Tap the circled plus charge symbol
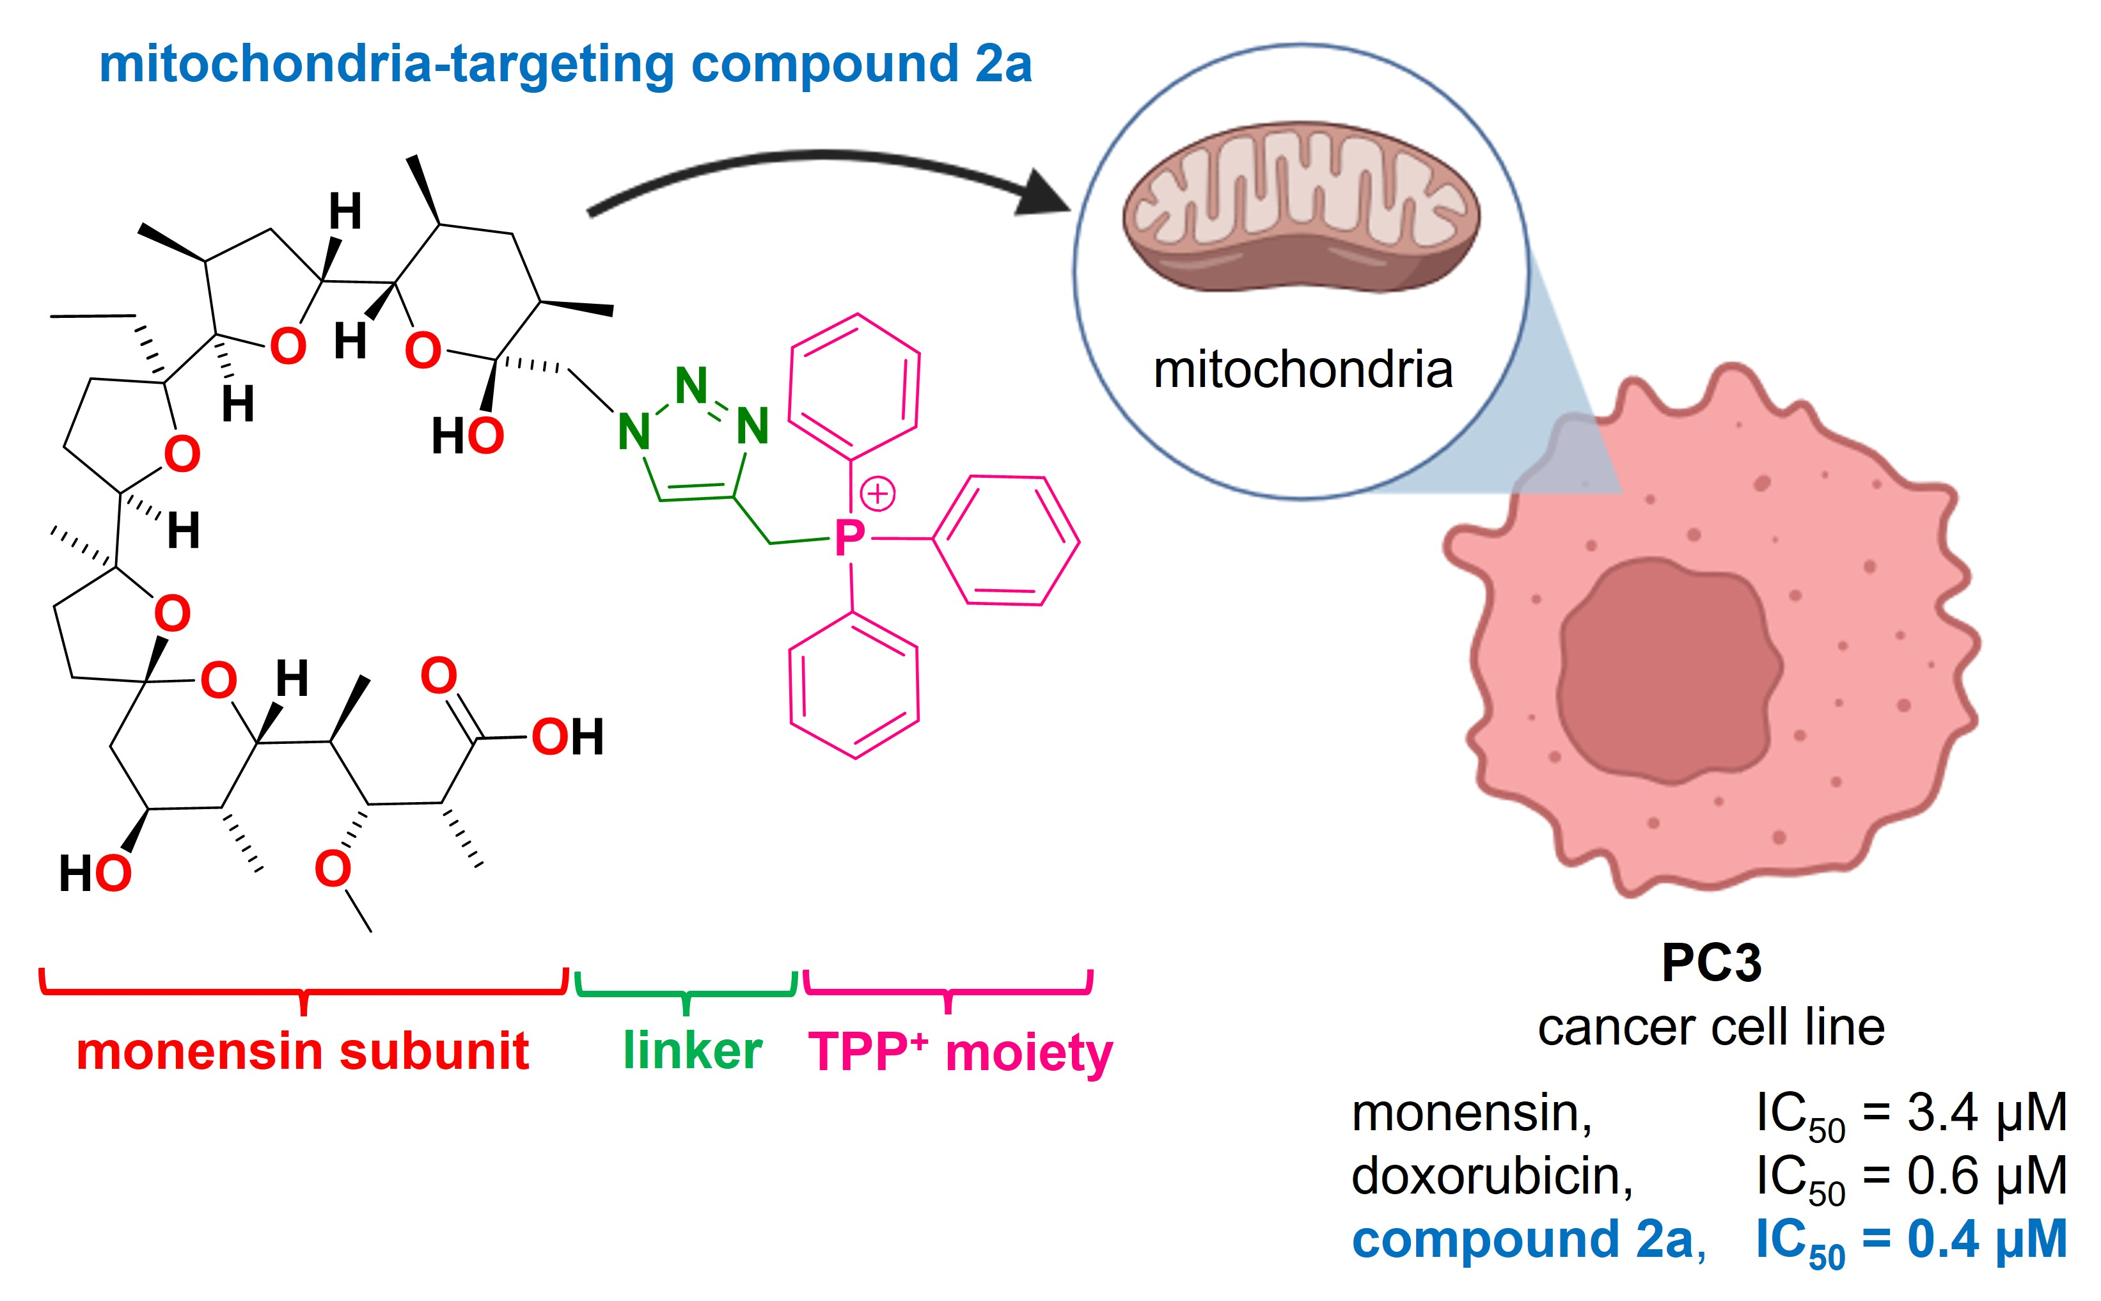click(x=877, y=494)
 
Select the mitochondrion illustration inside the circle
click(x=1301, y=207)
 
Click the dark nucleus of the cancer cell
click(x=1669, y=671)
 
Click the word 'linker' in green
click(x=693, y=1051)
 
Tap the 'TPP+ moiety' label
click(x=960, y=1052)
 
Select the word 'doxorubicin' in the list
click(x=1491, y=1176)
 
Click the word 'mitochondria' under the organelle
click(x=1303, y=370)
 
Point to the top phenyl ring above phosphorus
click(x=854, y=386)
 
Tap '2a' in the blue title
click(x=1003, y=65)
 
